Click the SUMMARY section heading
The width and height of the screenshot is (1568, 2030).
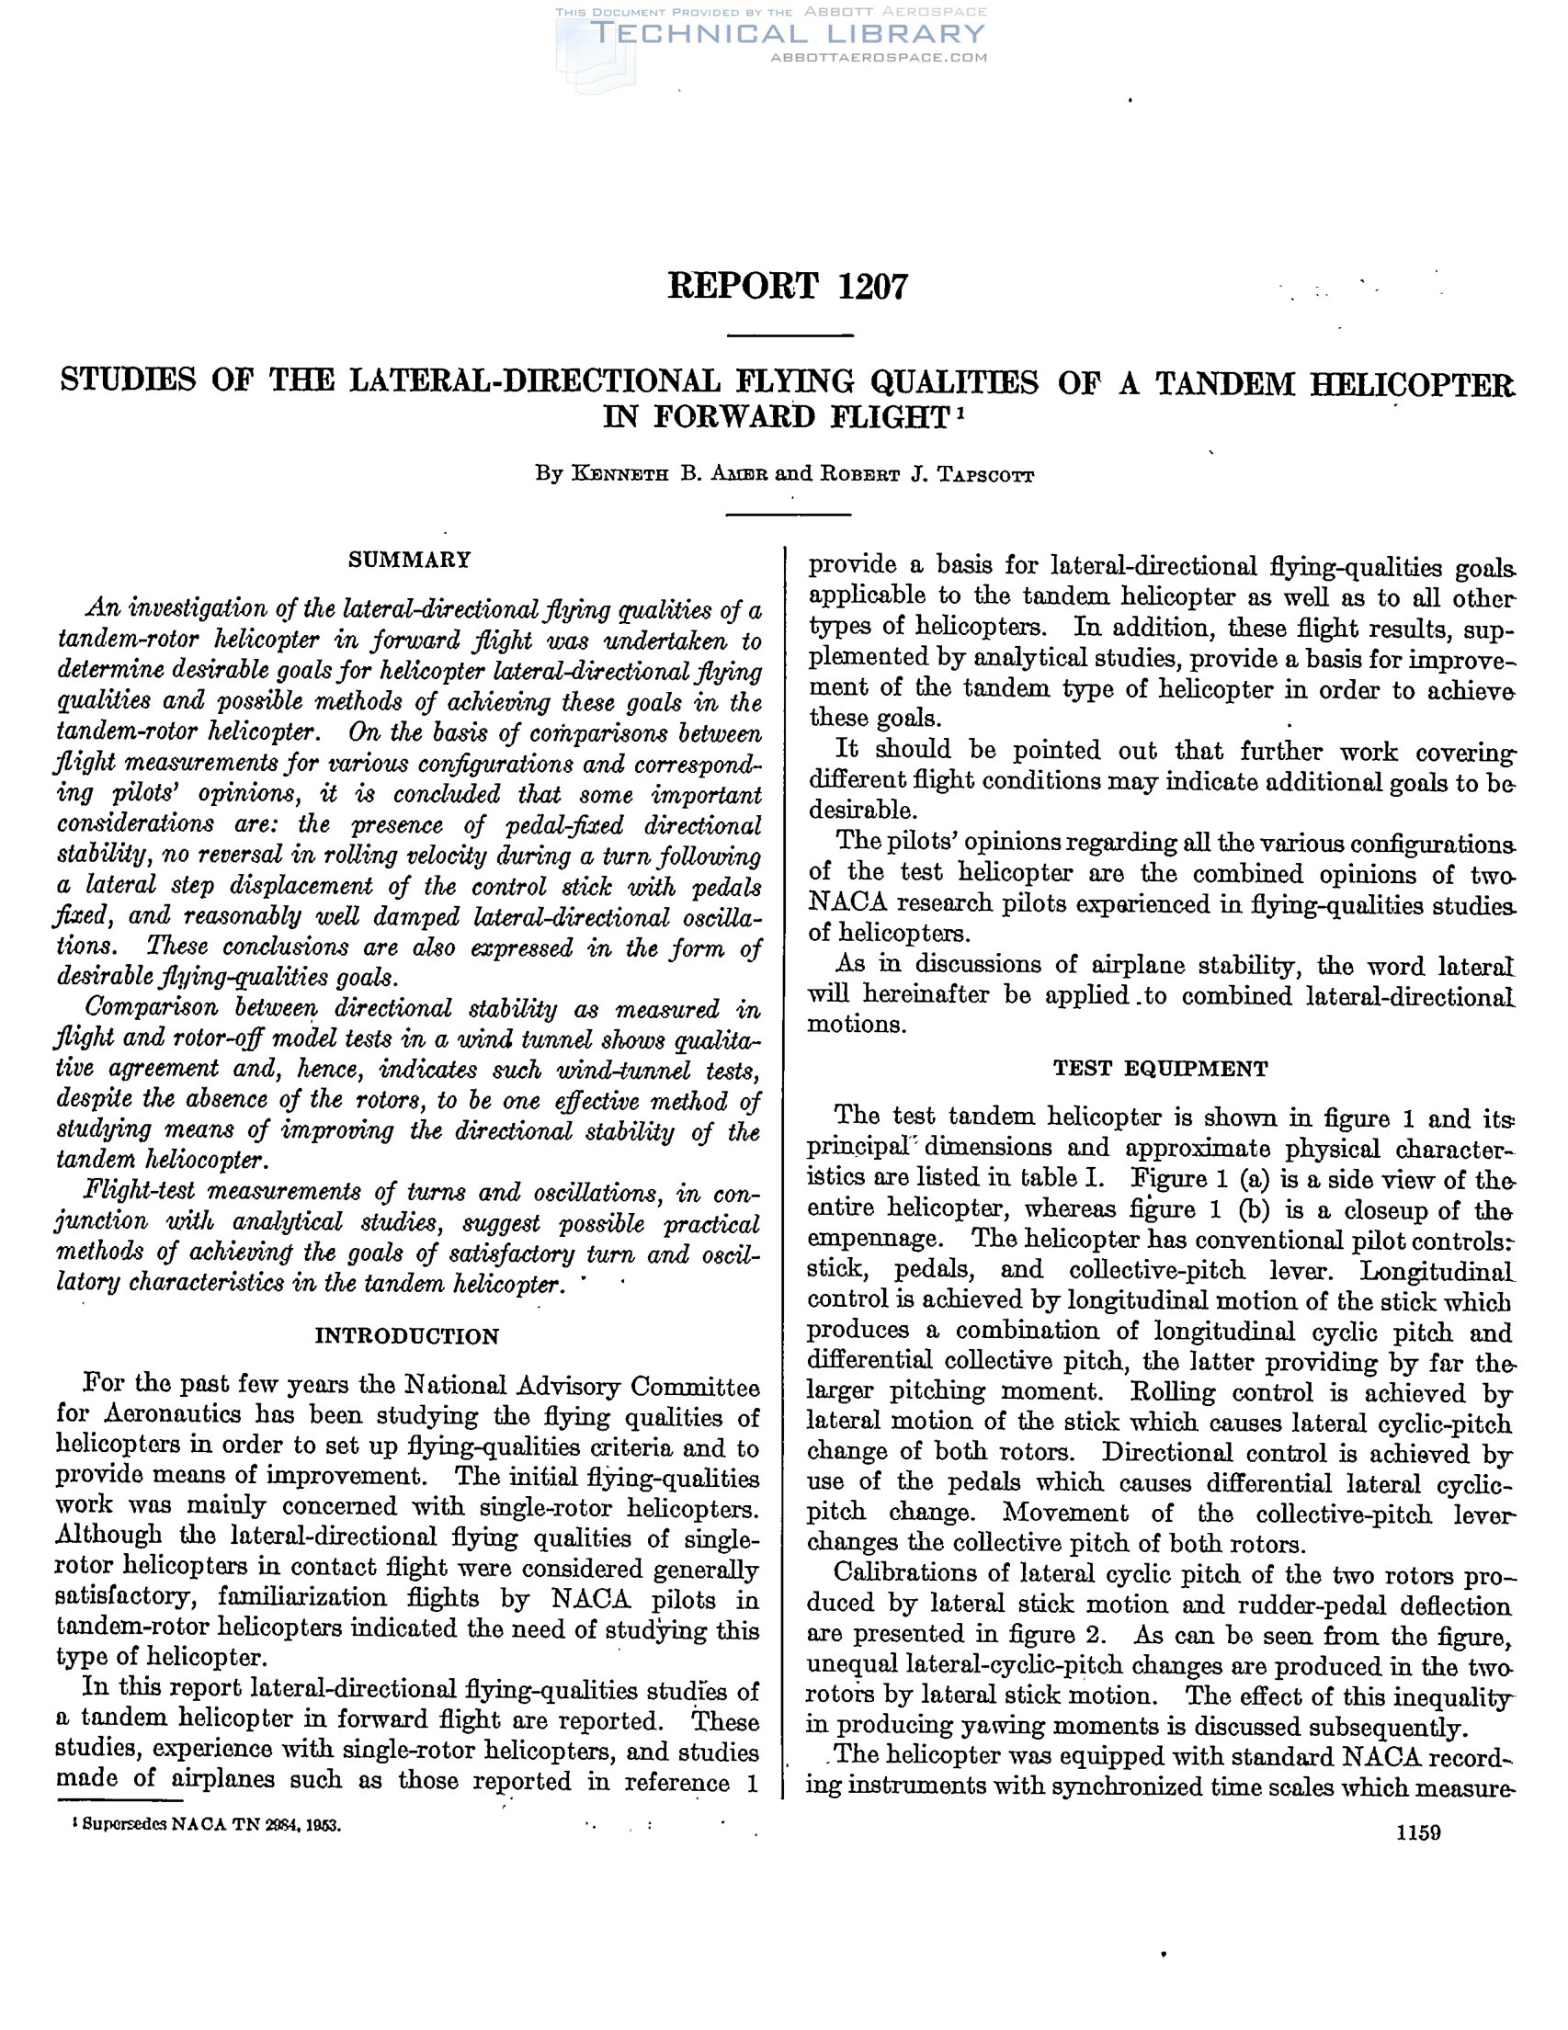tap(410, 560)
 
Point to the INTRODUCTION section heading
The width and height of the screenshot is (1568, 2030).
tap(407, 1336)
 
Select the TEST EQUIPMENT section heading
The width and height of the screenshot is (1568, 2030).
tap(1160, 1069)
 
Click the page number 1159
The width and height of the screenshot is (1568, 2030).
tap(1418, 1832)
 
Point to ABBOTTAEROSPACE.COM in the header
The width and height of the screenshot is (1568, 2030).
tap(879, 58)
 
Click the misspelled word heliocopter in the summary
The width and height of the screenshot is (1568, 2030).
tap(207, 1160)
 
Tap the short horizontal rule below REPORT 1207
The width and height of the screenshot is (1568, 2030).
tap(789, 335)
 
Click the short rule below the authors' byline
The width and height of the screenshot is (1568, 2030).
tap(789, 514)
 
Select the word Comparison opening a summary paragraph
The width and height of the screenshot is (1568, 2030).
tap(152, 1007)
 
